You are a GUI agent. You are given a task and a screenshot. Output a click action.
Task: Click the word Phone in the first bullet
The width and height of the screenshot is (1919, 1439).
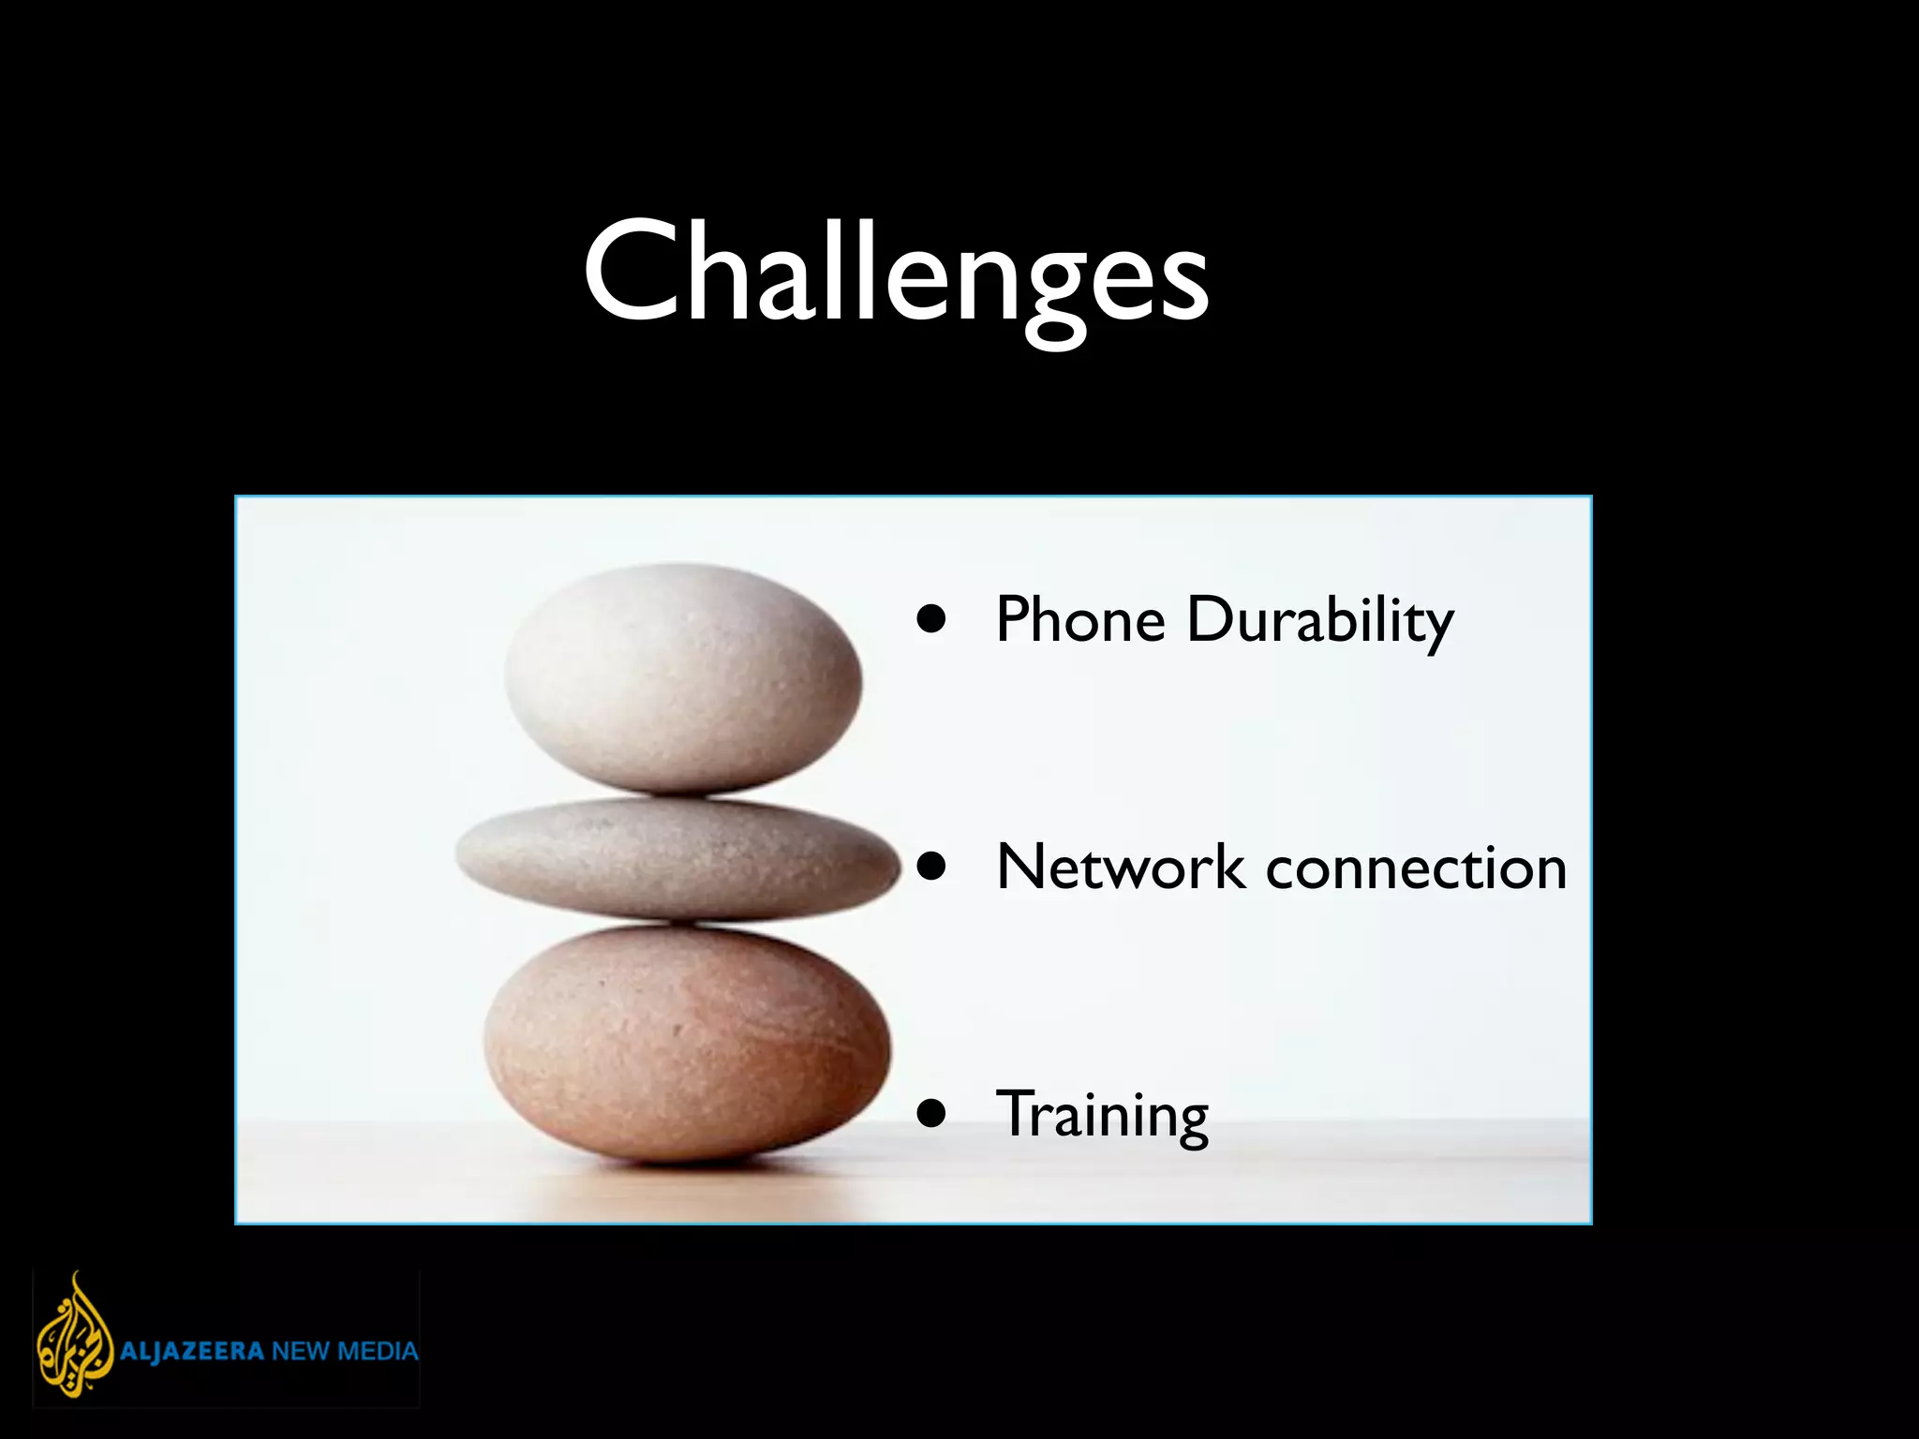pyautogui.click(x=1079, y=620)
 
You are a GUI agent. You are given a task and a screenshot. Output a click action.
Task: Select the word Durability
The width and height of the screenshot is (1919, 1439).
pyautogui.click(x=1319, y=622)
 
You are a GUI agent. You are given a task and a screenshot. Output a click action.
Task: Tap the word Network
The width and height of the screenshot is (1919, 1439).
pyautogui.click(x=1120, y=867)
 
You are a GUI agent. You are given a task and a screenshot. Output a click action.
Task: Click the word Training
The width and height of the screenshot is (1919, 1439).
pyautogui.click(x=1102, y=1115)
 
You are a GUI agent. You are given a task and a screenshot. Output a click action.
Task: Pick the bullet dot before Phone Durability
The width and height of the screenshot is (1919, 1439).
pyautogui.click(x=931, y=619)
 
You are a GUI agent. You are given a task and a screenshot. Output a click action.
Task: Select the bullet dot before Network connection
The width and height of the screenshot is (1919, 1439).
pyautogui.click(x=931, y=867)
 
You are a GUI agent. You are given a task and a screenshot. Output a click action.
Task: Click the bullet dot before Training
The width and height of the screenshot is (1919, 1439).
pyautogui.click(x=931, y=1114)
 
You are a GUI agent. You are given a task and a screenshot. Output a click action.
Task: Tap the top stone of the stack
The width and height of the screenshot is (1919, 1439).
pyautogui.click(x=682, y=676)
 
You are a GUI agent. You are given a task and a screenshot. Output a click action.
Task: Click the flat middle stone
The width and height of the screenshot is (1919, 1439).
pyautogui.click(x=677, y=857)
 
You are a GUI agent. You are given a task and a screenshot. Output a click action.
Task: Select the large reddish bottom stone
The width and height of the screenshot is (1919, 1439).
pyautogui.click(x=686, y=1042)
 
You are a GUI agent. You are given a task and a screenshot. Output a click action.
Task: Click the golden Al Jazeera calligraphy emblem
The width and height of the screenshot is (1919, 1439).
pyautogui.click(x=73, y=1334)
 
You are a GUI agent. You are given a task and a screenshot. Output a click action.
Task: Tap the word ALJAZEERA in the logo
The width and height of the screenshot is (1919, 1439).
pyautogui.click(x=191, y=1352)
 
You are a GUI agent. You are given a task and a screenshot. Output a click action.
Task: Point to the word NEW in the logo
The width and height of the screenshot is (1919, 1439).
pyautogui.click(x=300, y=1352)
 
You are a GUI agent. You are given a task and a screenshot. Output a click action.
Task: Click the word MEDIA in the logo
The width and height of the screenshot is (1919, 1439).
pyautogui.click(x=377, y=1352)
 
